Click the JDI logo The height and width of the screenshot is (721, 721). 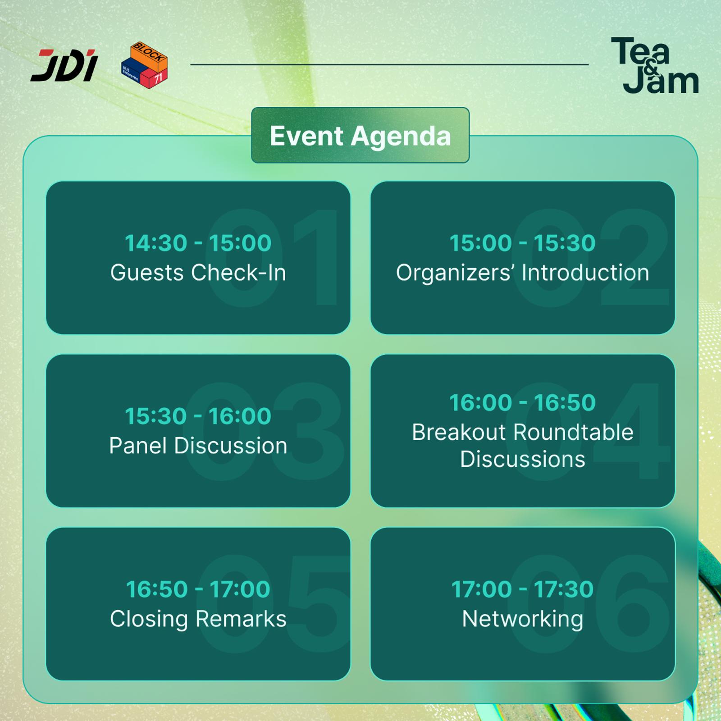coord(64,65)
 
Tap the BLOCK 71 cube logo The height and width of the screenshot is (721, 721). coord(145,65)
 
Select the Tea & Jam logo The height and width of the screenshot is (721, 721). coord(655,65)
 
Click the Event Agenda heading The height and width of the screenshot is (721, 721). coord(360,136)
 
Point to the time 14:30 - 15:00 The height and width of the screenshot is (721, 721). coord(198,243)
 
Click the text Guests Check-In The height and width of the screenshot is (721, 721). coord(198,273)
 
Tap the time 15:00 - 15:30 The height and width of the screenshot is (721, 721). coord(523,243)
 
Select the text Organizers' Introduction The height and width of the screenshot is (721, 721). coord(523,273)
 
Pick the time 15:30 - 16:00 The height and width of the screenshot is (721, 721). coord(198,416)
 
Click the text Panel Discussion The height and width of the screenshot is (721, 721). coord(198,446)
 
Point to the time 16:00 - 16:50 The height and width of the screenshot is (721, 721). coord(523,402)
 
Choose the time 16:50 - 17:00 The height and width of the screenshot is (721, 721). coord(198,589)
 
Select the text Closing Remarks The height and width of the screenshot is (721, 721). coord(198,619)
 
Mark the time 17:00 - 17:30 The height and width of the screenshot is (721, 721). coord(523,589)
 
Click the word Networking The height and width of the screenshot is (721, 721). coord(523,619)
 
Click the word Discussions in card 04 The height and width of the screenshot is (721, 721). coord(523,459)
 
